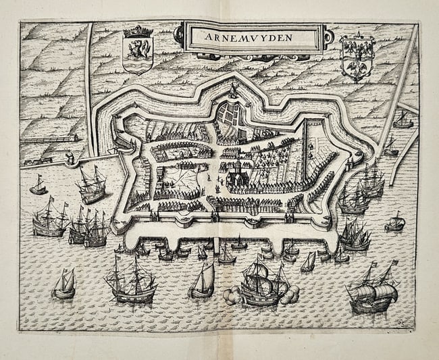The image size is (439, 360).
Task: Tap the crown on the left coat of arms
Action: coord(138,31)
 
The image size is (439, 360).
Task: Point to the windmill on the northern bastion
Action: coord(233,91)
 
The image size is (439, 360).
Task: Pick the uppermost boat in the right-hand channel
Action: coord(403,120)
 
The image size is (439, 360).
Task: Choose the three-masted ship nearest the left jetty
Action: coord(92,184)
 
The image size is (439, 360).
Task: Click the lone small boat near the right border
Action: coord(395,222)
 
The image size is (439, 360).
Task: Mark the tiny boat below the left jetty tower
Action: coord(39,186)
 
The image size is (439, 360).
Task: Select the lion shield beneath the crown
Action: coord(138,53)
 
